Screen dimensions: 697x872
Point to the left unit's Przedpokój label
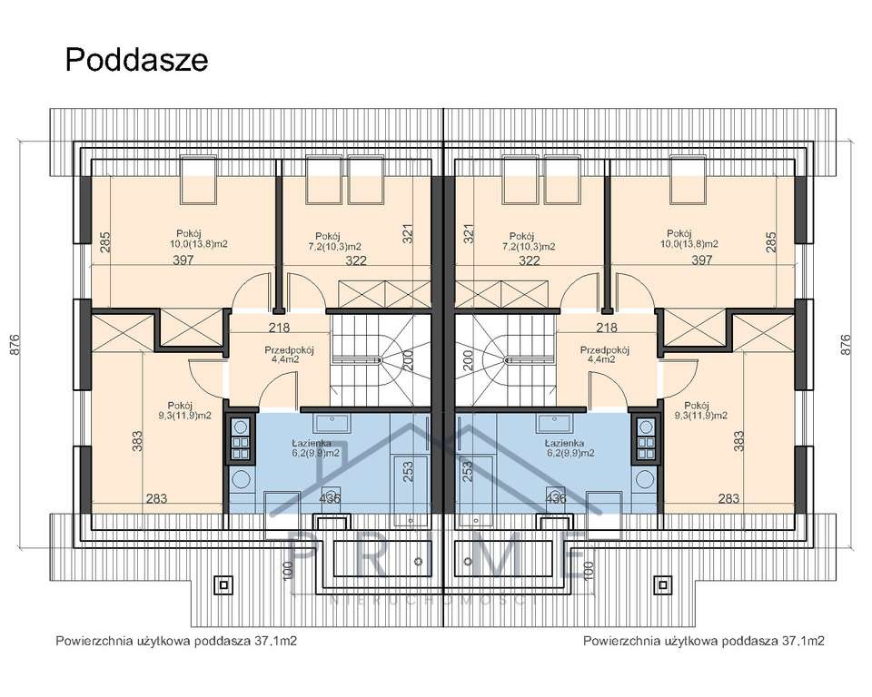(x=289, y=350)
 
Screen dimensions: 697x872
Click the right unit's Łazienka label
(x=569, y=442)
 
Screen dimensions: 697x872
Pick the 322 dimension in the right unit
(x=530, y=261)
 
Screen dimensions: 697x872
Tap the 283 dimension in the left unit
(x=157, y=497)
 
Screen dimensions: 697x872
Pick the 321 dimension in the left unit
(x=408, y=234)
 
